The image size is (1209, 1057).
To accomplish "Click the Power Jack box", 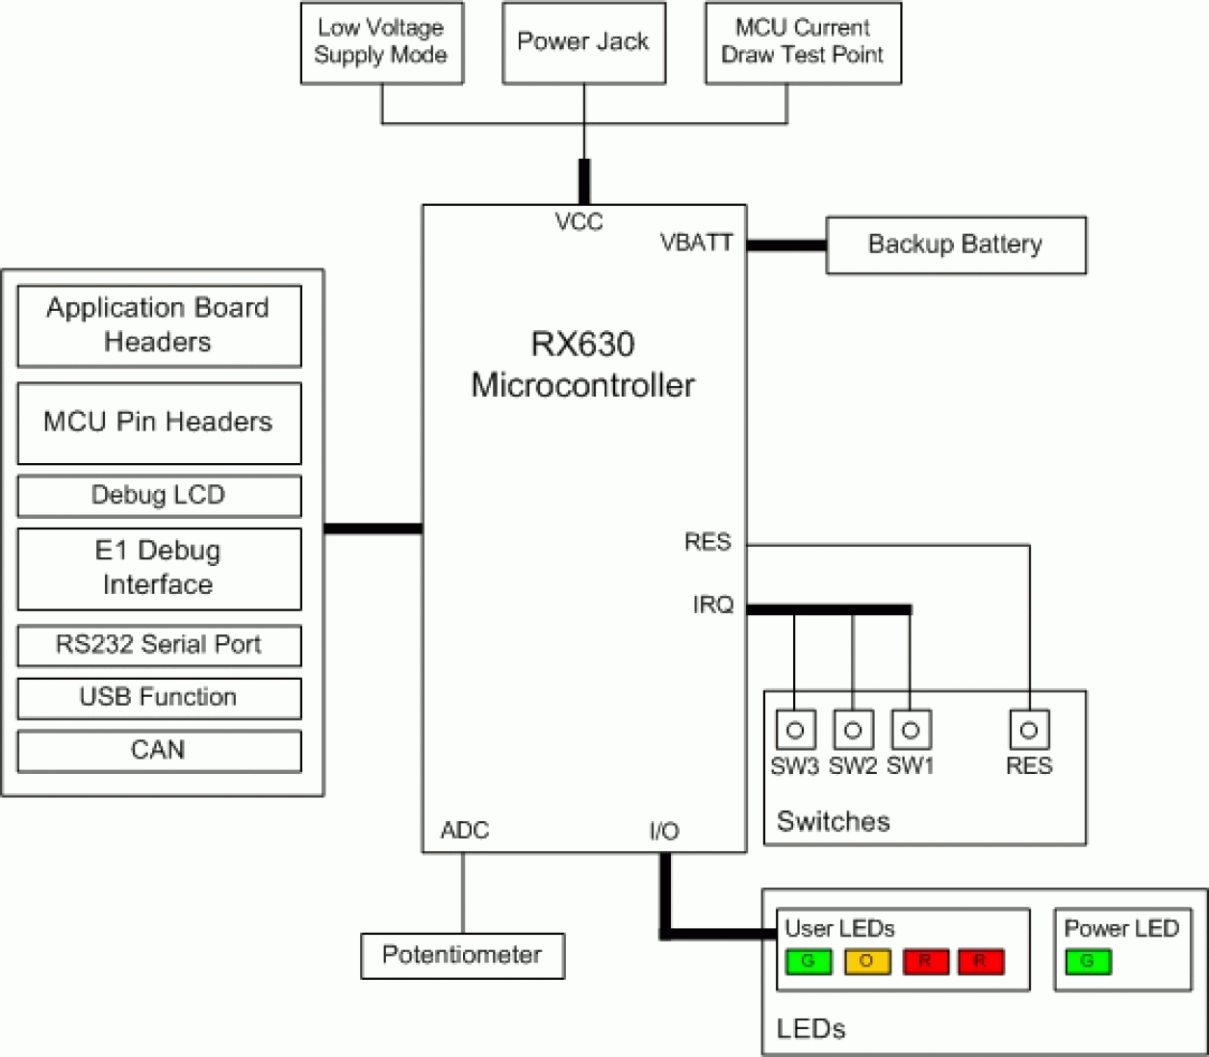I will coord(583,42).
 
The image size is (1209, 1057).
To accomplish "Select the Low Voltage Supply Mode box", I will coord(381,42).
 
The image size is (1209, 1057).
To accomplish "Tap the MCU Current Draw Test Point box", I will coord(803,42).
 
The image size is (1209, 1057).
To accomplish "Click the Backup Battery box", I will coord(955,245).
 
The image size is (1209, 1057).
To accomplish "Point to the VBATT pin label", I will coord(696,243).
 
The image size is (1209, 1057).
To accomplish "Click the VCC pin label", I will coord(579,222).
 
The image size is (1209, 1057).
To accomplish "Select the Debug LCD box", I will coord(159,496).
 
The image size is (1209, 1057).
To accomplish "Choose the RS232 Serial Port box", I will coord(159,645).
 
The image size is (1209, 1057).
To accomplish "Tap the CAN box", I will coord(159,751).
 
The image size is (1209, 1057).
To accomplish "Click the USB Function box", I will coord(159,698).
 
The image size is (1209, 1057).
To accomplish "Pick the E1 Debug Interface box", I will coord(159,568).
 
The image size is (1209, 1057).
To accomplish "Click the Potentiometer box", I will coord(462,955).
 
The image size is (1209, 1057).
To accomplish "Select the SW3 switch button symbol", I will coord(795,730).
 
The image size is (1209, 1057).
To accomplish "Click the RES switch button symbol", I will coord(1028,730).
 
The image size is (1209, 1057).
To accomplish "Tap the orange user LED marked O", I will coord(867,962).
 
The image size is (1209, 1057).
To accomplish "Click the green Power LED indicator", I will coord(1088,962).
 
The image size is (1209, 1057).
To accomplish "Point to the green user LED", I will coord(809,962).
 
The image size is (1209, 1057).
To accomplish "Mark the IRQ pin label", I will coord(712,605).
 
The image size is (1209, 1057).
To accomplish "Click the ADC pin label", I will coord(464,830).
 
